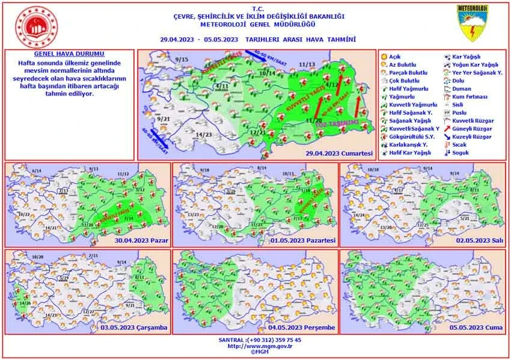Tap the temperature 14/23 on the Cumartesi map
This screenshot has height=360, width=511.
[x=204, y=134]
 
